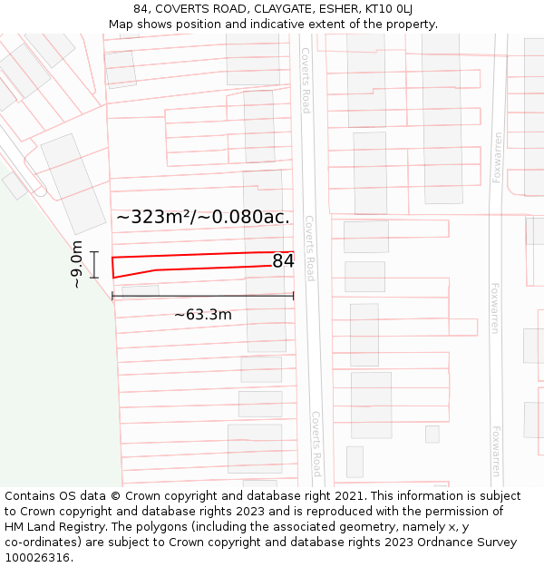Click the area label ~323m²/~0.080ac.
pos(203,217)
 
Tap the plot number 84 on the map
pos(283,261)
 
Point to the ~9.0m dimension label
pos(77,264)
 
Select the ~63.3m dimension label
pos(203,315)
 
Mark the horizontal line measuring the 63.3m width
pos(203,296)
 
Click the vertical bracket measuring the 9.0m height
pos(93,264)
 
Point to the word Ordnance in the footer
pos(423,543)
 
